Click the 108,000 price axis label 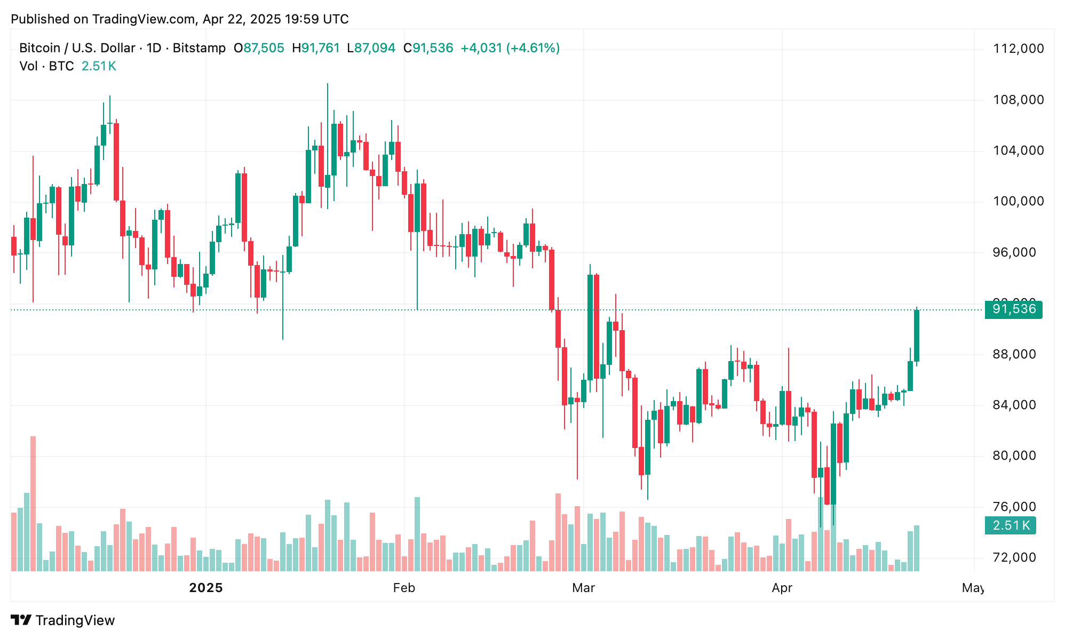(x=1018, y=100)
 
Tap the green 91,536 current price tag (x=1013, y=309)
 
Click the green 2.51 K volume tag (x=1010, y=525)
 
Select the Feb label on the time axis (x=404, y=588)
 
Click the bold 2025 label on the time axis (x=206, y=588)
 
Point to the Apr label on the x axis (x=782, y=588)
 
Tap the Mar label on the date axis (x=583, y=588)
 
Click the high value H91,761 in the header (x=315, y=48)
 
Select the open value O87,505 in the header (x=259, y=48)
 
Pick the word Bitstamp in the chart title (x=199, y=48)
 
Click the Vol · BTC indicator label (x=46, y=66)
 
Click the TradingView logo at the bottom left (x=63, y=620)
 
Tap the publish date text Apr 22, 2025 (x=242, y=19)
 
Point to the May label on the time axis (x=973, y=588)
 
